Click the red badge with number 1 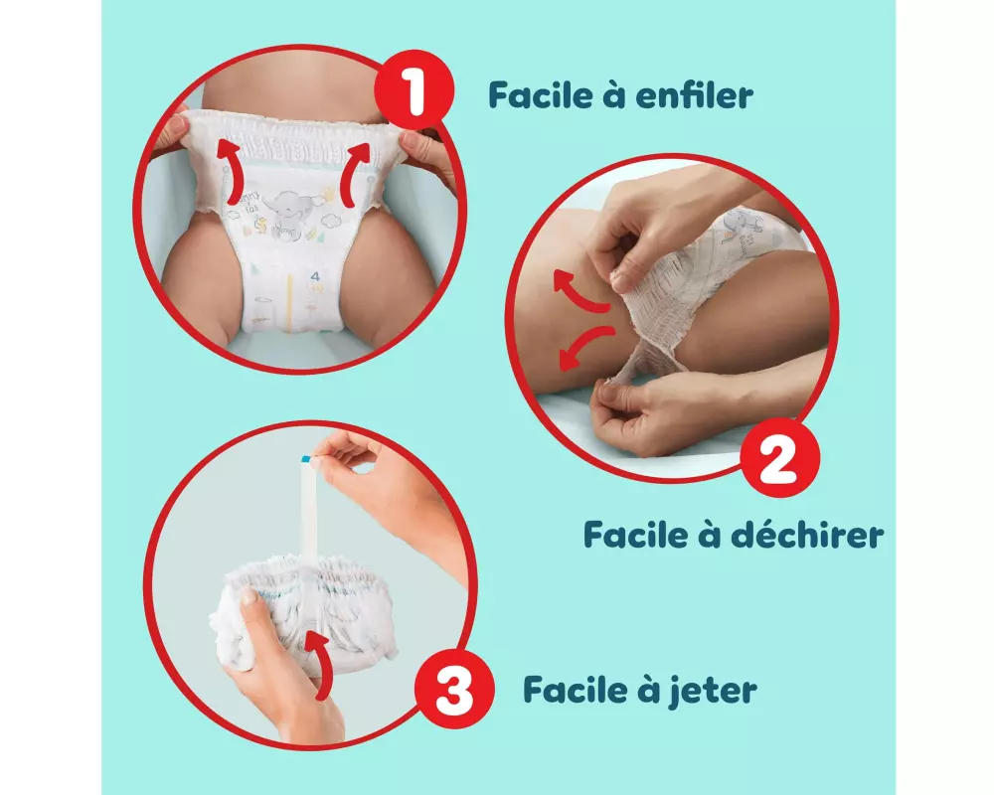(x=414, y=92)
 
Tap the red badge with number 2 (x=779, y=457)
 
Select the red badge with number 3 (x=454, y=690)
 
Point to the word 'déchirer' (x=807, y=535)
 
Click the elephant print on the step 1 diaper (x=289, y=215)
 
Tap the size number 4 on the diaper (x=315, y=276)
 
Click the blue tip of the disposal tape (x=306, y=458)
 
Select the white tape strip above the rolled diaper (x=309, y=508)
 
